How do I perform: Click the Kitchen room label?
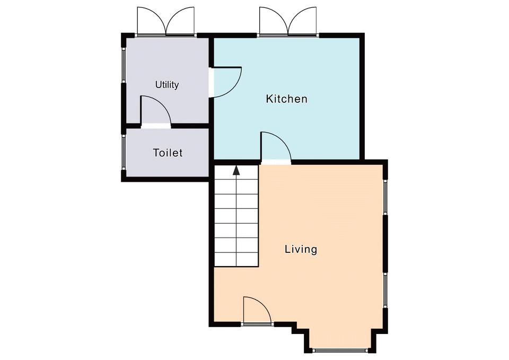tap(286, 99)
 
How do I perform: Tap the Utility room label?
tap(167, 85)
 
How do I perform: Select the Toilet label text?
tap(168, 153)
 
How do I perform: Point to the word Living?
tap(301, 249)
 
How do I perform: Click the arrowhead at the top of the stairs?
tap(236, 170)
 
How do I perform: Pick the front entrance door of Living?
tap(257, 311)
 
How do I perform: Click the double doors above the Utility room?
tap(166, 21)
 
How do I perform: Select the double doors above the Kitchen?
tap(287, 21)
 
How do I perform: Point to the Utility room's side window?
tap(124, 65)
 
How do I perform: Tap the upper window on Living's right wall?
tap(385, 197)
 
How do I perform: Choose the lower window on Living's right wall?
tap(385, 290)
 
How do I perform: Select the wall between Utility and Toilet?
tap(167, 126)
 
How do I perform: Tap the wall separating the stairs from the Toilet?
tap(212, 170)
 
